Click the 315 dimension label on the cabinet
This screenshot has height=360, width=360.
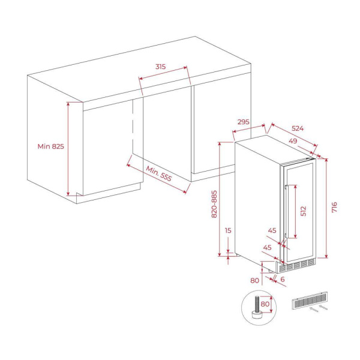click(160, 67)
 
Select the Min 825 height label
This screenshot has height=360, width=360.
click(50, 146)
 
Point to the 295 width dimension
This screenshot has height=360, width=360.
click(243, 122)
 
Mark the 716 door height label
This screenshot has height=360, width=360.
click(335, 208)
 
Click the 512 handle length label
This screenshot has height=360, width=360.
click(304, 211)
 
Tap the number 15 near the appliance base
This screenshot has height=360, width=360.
click(228, 230)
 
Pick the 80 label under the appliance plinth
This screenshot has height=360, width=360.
click(254, 280)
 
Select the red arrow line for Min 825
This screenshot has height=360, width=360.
click(68, 148)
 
